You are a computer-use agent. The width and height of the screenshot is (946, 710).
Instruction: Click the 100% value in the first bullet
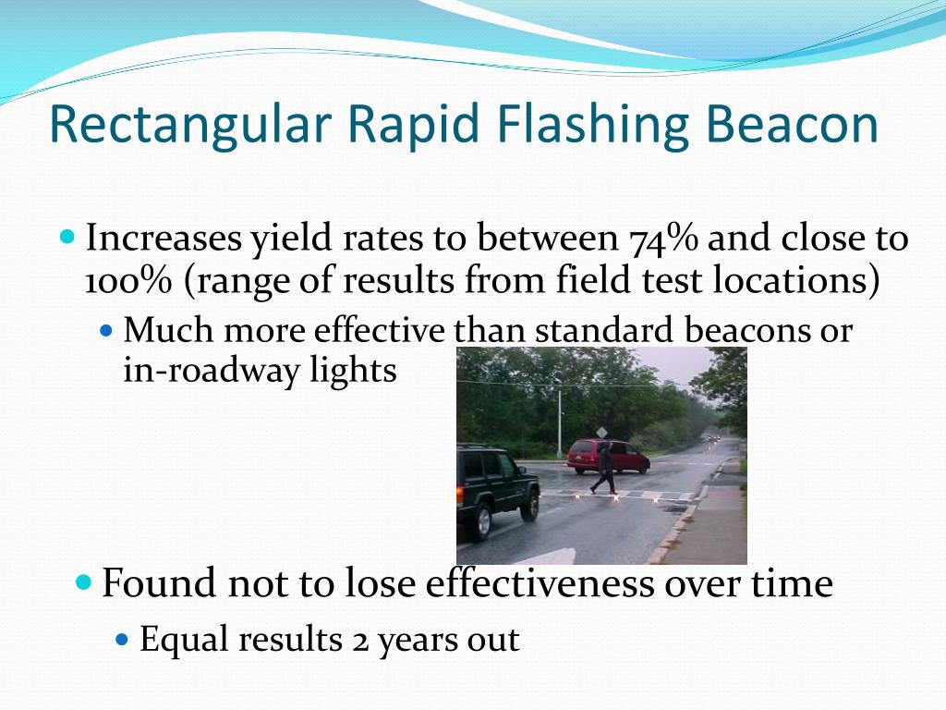click(128, 281)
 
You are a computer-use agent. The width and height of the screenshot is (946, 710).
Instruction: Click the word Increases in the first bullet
click(164, 239)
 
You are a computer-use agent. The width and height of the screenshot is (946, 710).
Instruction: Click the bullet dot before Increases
click(67, 237)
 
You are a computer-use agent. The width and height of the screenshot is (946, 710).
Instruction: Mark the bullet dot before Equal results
click(125, 639)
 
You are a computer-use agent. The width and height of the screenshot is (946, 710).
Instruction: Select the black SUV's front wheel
click(529, 508)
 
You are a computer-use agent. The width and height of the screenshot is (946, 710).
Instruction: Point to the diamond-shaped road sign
click(601, 432)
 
